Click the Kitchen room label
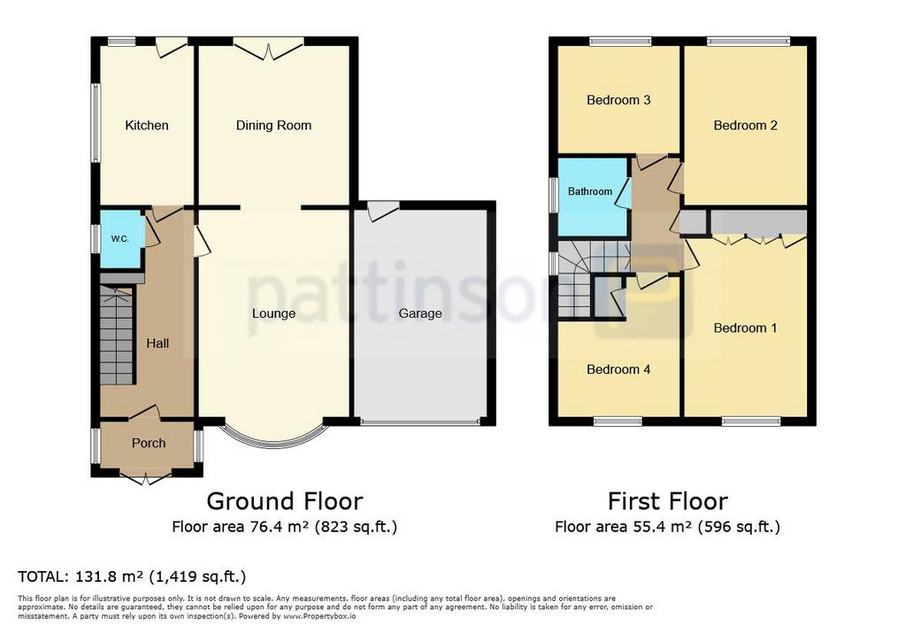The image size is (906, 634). point(147,126)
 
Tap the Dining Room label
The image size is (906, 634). point(273,126)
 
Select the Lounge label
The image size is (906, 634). point(273,313)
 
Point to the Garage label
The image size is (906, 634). point(420,313)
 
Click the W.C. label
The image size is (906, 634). point(119,239)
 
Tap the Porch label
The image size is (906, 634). point(149,443)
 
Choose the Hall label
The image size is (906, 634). point(157,344)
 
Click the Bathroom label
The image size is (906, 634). point(590,191)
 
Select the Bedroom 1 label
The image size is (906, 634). point(745,328)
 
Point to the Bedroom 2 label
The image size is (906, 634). point(745,126)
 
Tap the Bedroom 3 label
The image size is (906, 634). point(618,100)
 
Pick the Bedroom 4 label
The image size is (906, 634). point(618,369)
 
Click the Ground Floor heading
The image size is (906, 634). point(285,501)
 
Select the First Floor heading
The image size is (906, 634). point(667,501)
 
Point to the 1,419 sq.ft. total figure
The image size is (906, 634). point(197,576)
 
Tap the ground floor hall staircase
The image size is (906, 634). point(117,336)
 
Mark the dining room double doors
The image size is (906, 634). point(269,50)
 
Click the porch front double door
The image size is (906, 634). point(146,478)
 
